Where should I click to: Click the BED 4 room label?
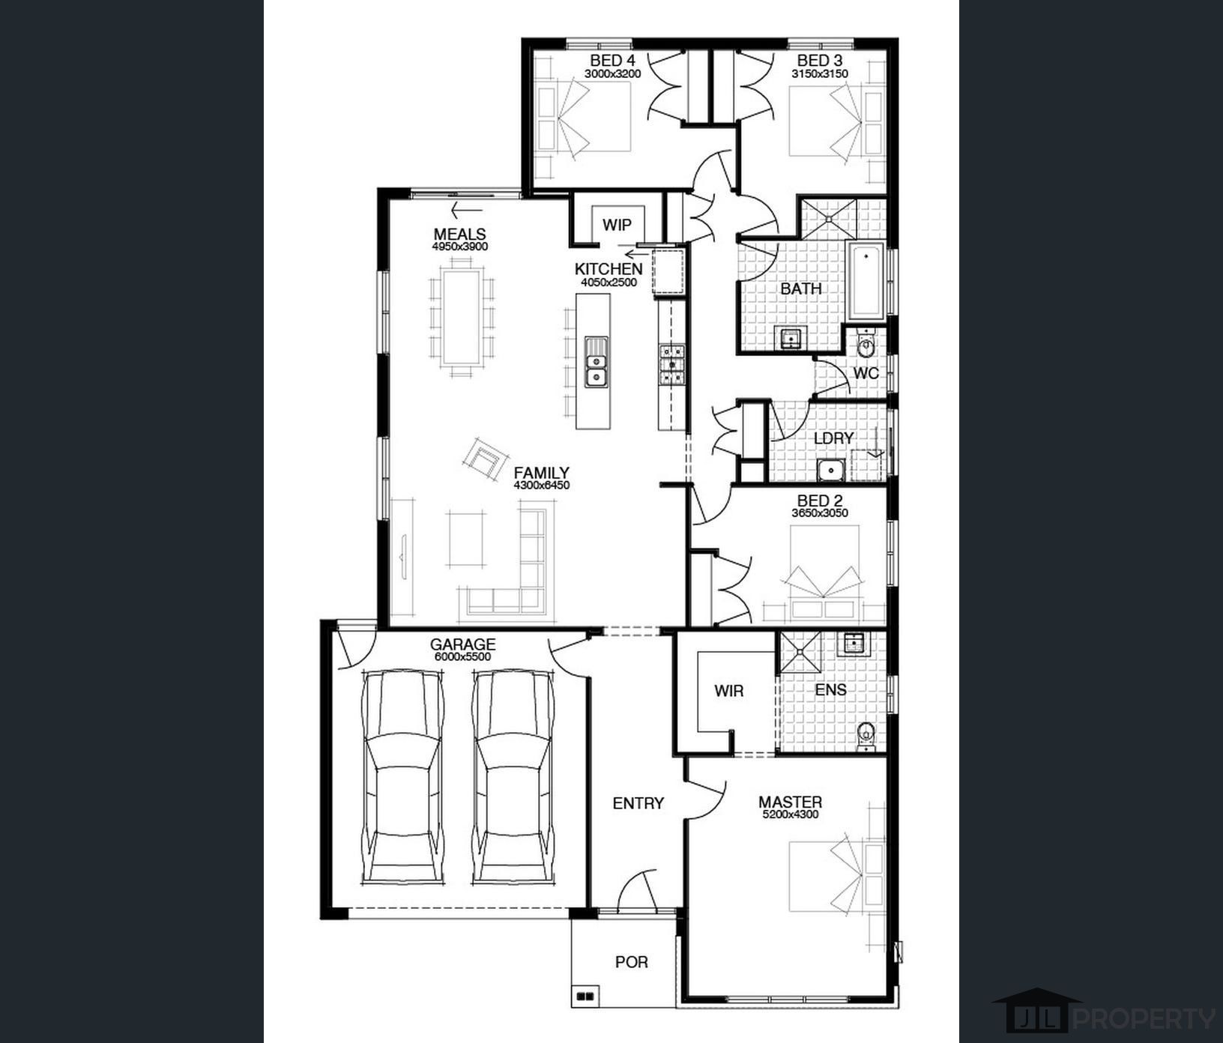612,60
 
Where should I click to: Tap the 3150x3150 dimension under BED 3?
820,74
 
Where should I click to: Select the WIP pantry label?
617,225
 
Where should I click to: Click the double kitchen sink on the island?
596,362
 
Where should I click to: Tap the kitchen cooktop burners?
671,363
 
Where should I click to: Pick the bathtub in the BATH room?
866,279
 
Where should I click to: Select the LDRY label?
833,438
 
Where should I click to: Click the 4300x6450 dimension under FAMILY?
542,486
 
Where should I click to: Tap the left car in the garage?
402,776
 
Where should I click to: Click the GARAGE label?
462,644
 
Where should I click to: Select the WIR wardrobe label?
728,691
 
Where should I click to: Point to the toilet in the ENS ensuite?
866,735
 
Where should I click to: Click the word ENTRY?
638,803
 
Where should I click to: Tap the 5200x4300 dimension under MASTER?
790,814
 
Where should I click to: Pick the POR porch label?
631,962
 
